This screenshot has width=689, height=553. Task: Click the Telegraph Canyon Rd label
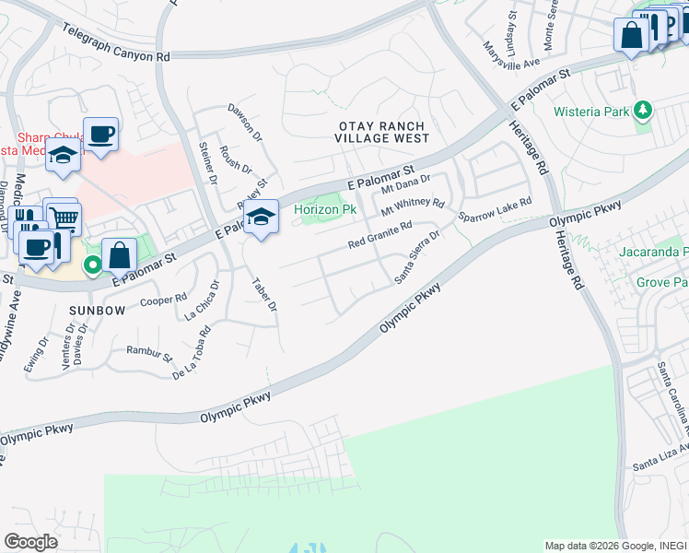tap(117, 43)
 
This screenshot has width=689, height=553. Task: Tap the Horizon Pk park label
tap(324, 210)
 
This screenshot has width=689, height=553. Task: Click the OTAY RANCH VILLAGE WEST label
tap(382, 132)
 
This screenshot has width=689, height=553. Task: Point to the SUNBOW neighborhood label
tap(97, 311)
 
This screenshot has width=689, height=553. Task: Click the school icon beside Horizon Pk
tap(262, 218)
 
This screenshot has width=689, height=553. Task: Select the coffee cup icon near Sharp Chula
tap(100, 134)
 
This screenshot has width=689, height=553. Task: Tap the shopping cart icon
tap(64, 218)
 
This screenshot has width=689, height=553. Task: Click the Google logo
tap(30, 542)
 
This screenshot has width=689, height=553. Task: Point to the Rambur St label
tap(149, 353)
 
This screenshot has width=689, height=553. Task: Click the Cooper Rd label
tap(163, 300)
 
